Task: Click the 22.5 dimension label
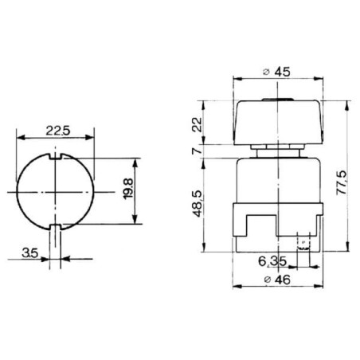57,131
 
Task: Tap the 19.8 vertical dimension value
128,189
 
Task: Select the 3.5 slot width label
30,252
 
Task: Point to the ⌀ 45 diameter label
276,72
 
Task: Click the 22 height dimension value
198,124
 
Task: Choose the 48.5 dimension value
198,204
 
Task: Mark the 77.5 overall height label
342,183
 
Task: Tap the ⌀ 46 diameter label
277,280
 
